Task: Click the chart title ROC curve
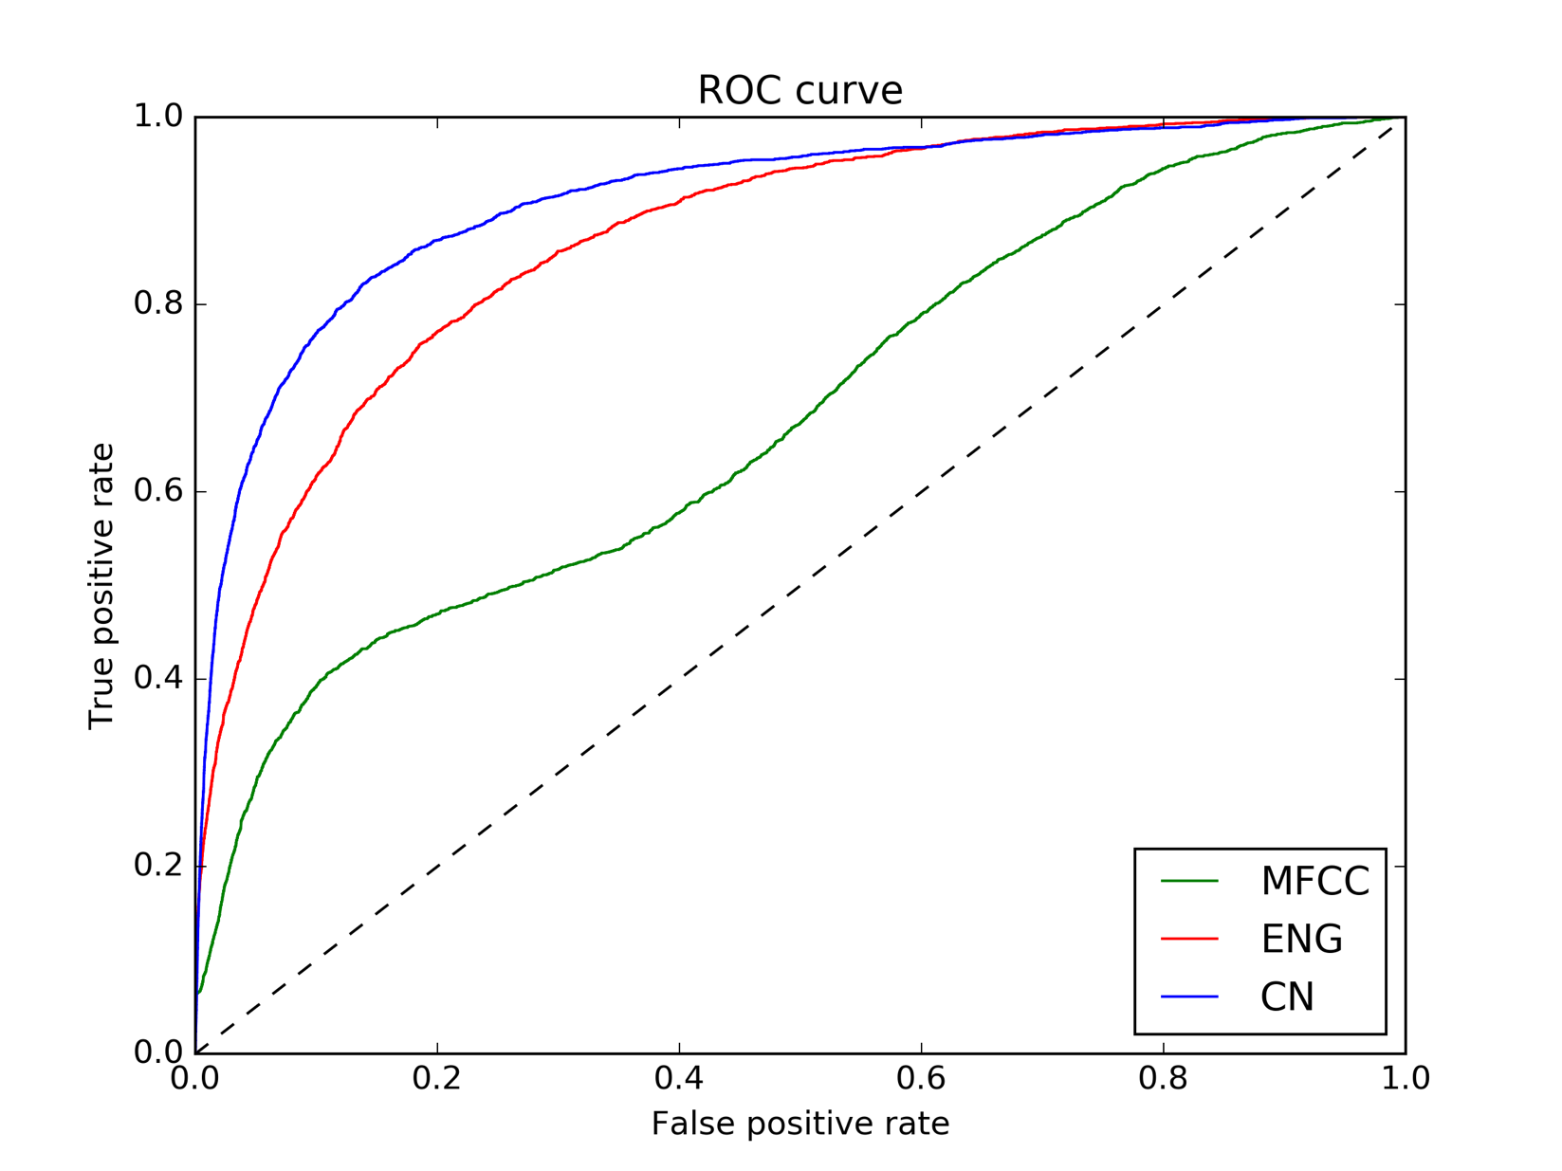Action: pos(799,90)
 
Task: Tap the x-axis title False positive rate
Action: pos(799,1124)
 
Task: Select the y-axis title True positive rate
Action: pos(101,586)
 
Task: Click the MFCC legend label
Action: pos(1314,882)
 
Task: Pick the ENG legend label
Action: pos(1301,939)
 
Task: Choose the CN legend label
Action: pos(1287,997)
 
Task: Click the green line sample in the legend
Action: pos(1189,882)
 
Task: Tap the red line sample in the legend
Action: pos(1189,939)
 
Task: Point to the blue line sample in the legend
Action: pos(1189,997)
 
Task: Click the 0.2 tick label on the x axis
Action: pos(437,1078)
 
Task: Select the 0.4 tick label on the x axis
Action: pos(679,1078)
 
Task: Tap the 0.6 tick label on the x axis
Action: pos(921,1078)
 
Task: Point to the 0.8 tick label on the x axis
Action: pos(1164,1078)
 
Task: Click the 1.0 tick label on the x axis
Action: pos(1405,1078)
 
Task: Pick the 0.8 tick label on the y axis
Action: pos(157,304)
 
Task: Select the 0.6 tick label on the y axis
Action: pos(157,491)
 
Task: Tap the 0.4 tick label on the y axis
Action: pos(157,679)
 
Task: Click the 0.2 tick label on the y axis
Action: pos(157,866)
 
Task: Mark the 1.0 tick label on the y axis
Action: pos(157,117)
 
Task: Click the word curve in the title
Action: pos(849,90)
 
